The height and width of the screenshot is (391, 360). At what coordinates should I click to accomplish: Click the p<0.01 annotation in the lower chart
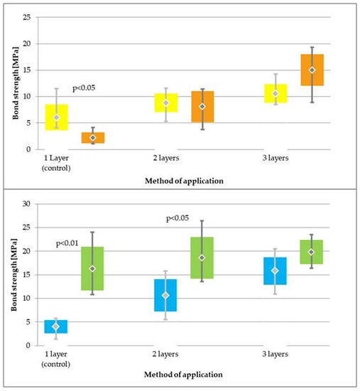point(67,243)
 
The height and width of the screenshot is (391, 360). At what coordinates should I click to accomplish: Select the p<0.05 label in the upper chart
point(84,88)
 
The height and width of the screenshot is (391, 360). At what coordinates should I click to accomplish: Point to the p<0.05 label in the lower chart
point(178,218)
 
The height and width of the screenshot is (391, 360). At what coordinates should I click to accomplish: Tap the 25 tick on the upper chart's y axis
point(27,17)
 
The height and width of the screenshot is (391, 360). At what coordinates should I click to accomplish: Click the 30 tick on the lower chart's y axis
point(26,204)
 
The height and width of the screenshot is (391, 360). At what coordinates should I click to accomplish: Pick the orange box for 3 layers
point(312,70)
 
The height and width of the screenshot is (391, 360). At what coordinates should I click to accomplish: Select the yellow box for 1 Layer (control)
point(57,117)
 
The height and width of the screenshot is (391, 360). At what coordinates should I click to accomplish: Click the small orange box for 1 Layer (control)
point(93,138)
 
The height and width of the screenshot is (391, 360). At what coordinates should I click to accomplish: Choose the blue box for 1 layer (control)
point(56,326)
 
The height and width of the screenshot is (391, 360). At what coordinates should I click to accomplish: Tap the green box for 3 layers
point(312,252)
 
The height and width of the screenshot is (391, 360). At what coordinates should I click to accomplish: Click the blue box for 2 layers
point(165,295)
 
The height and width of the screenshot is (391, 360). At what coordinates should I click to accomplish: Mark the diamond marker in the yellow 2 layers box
point(166,103)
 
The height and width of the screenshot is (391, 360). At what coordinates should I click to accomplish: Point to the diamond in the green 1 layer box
point(92,269)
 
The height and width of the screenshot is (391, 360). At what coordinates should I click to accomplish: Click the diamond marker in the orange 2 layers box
point(202,107)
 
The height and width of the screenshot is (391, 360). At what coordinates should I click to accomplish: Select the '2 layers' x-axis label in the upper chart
point(166,158)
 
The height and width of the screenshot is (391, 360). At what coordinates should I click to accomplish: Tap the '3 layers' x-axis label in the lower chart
point(275,354)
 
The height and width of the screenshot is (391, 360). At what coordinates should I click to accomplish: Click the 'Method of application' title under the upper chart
point(184,181)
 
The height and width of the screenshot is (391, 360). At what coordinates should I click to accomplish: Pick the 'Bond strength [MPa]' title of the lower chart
point(14,275)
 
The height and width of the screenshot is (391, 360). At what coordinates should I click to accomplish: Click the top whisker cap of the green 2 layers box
point(202,220)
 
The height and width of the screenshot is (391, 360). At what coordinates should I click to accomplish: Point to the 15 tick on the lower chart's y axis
point(26,274)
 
